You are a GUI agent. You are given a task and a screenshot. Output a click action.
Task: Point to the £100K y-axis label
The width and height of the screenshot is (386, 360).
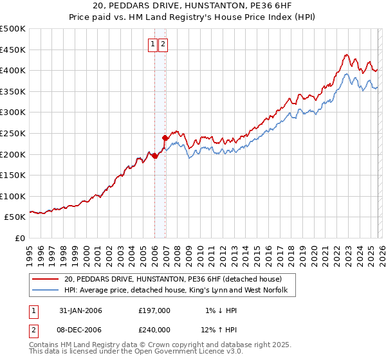[13, 196]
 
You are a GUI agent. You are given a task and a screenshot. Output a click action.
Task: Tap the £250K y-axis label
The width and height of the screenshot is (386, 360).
[13, 133]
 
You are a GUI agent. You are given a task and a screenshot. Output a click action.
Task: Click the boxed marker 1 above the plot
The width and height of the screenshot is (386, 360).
[153, 44]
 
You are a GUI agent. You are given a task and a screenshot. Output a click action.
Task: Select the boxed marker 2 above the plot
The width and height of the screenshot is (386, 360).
[163, 44]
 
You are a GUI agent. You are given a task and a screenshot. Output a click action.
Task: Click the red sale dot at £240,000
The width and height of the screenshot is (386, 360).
[165, 138]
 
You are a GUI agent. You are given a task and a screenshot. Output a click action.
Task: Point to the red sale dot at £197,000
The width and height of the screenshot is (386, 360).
[155, 156]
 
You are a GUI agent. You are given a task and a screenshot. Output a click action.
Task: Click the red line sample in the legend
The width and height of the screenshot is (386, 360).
[47, 279]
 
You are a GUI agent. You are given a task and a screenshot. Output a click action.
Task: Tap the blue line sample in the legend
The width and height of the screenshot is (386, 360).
[47, 291]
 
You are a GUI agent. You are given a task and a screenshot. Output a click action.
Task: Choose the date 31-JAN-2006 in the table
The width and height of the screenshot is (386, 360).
[80, 310]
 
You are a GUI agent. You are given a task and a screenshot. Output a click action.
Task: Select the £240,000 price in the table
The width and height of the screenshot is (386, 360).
[154, 329]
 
